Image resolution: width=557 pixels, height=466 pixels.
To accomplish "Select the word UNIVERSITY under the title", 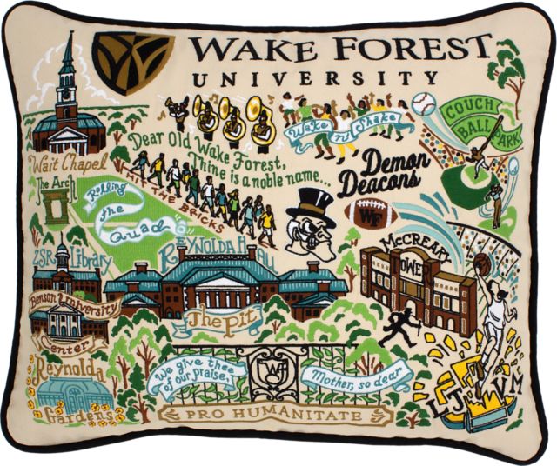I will (317, 79).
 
